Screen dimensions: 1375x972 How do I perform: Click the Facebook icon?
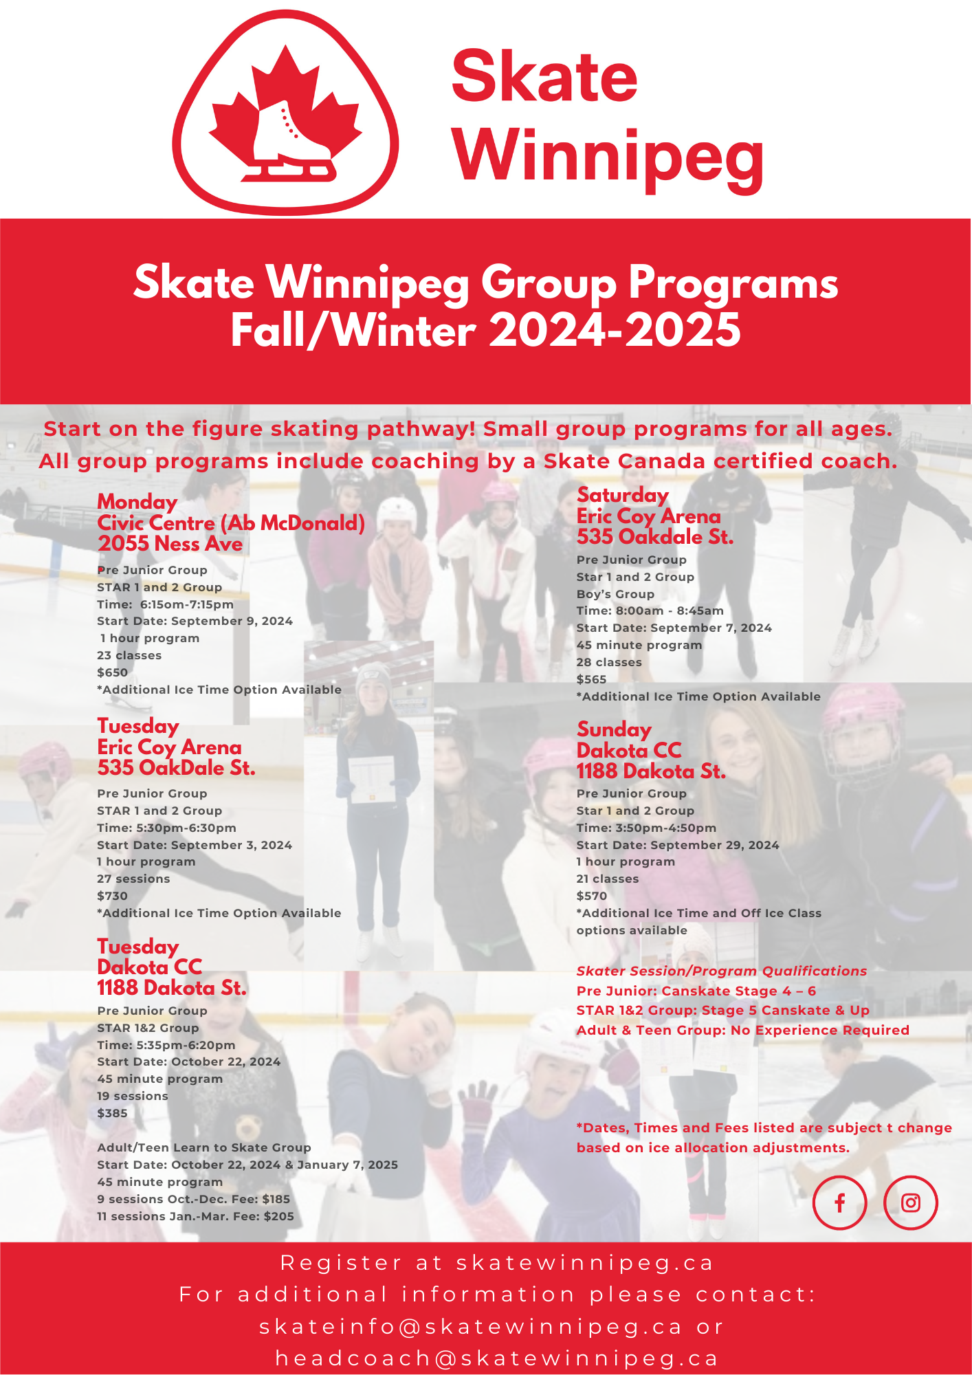click(839, 1202)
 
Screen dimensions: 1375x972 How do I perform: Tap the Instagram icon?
click(910, 1202)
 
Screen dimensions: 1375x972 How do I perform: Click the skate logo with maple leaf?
click(285, 112)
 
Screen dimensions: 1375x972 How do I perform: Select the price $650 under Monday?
click(113, 672)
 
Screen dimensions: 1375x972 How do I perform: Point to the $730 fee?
click(113, 896)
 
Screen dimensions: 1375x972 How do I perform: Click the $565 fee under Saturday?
click(592, 679)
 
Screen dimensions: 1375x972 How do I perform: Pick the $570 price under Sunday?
click(592, 896)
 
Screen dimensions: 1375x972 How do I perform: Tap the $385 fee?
click(113, 1113)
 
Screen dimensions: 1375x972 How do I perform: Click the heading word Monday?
click(137, 502)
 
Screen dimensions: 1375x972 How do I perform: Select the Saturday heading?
click(623, 495)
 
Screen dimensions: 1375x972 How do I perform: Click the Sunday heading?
click(614, 729)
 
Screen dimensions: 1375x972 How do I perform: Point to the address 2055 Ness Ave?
click(170, 544)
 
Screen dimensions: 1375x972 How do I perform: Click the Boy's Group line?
click(615, 594)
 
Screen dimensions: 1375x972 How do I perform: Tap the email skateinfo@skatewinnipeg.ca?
click(471, 1327)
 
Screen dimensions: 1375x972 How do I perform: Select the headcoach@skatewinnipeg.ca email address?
click(497, 1358)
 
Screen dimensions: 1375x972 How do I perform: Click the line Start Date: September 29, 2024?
click(678, 845)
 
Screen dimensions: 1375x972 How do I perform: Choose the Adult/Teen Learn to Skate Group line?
click(204, 1147)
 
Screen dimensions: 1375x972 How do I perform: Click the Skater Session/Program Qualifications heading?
click(722, 971)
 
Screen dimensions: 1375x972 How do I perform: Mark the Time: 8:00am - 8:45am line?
click(650, 610)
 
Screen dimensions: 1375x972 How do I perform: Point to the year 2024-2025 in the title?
click(615, 331)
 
